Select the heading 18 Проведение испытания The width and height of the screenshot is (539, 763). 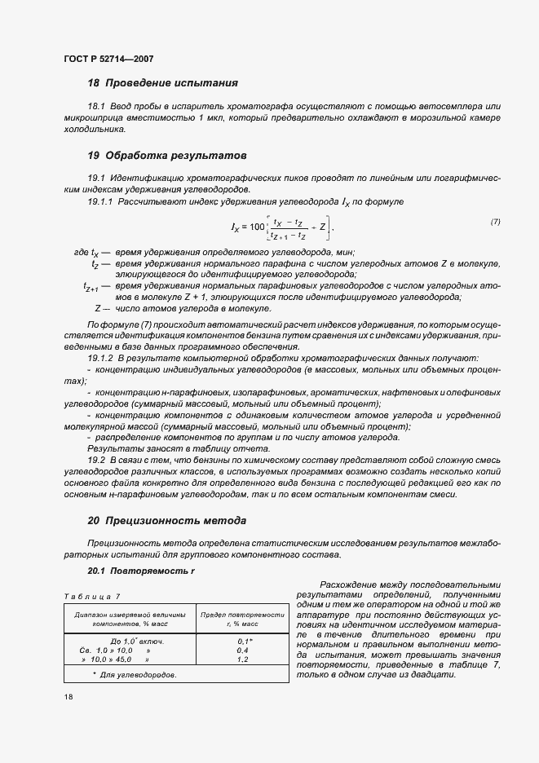click(162, 82)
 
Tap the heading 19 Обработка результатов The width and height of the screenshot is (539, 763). click(167, 155)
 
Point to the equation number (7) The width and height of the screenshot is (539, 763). click(495, 222)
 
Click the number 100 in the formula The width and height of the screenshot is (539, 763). click(258, 226)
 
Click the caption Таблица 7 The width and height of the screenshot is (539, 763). click(91, 597)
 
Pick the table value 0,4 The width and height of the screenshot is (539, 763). click(242, 651)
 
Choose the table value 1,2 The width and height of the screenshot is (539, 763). click(242, 659)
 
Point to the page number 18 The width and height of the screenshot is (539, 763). click(68, 699)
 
